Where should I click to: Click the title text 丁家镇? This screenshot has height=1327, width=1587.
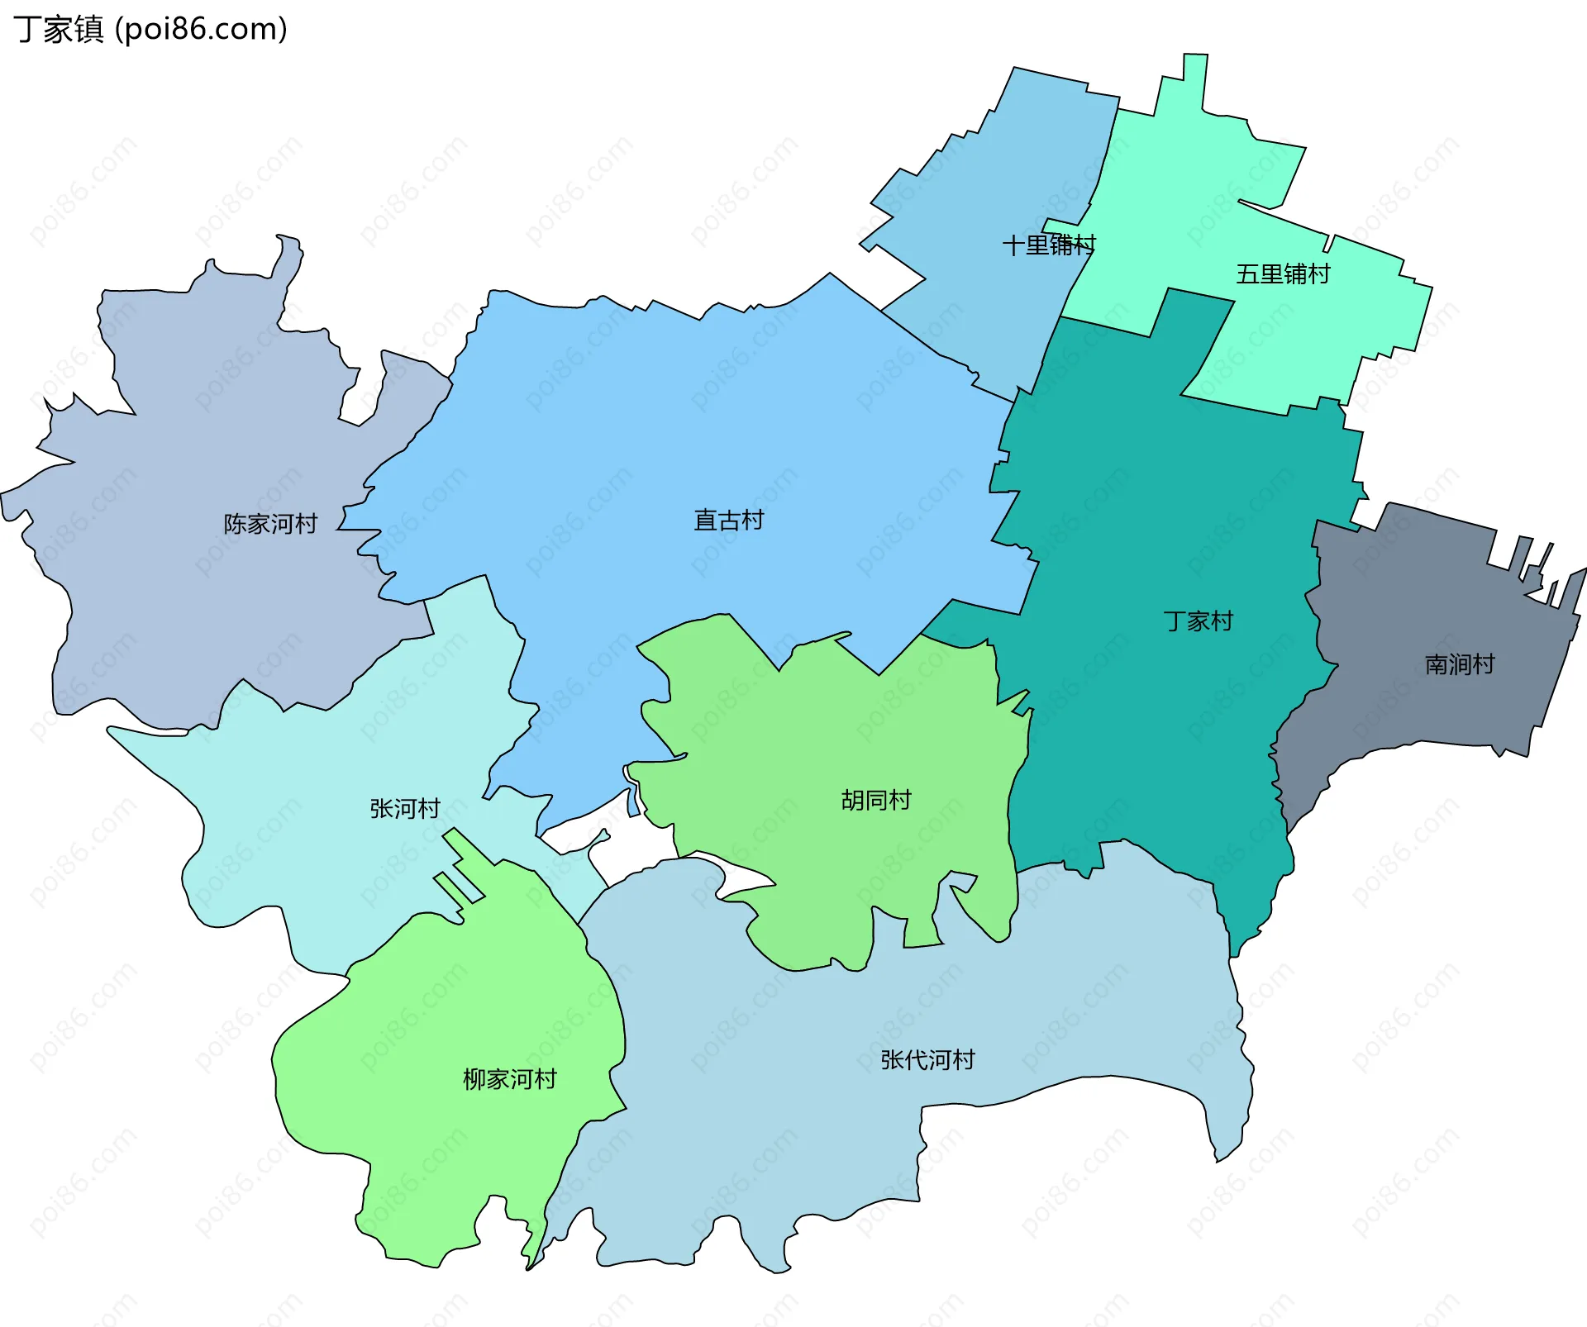[x=58, y=30]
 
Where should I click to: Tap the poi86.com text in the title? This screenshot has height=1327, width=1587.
[x=201, y=30]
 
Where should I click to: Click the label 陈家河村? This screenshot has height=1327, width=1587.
[x=270, y=524]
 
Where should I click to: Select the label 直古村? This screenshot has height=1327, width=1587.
[x=728, y=520]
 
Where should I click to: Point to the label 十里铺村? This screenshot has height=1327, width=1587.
[x=1048, y=245]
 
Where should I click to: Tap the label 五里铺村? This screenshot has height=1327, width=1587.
[x=1283, y=273]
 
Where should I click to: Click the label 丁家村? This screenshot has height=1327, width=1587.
[x=1198, y=621]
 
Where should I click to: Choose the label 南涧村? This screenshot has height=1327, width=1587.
[x=1459, y=664]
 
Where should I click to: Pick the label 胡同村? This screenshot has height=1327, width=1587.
[x=875, y=800]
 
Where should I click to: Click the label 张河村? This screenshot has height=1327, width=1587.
[x=404, y=808]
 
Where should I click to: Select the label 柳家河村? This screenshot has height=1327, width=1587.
[x=509, y=1079]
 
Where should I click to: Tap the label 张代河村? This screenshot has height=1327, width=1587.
[x=927, y=1059]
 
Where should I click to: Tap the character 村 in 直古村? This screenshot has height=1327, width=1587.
[x=752, y=520]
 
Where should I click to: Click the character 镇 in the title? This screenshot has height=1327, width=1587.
[x=88, y=30]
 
